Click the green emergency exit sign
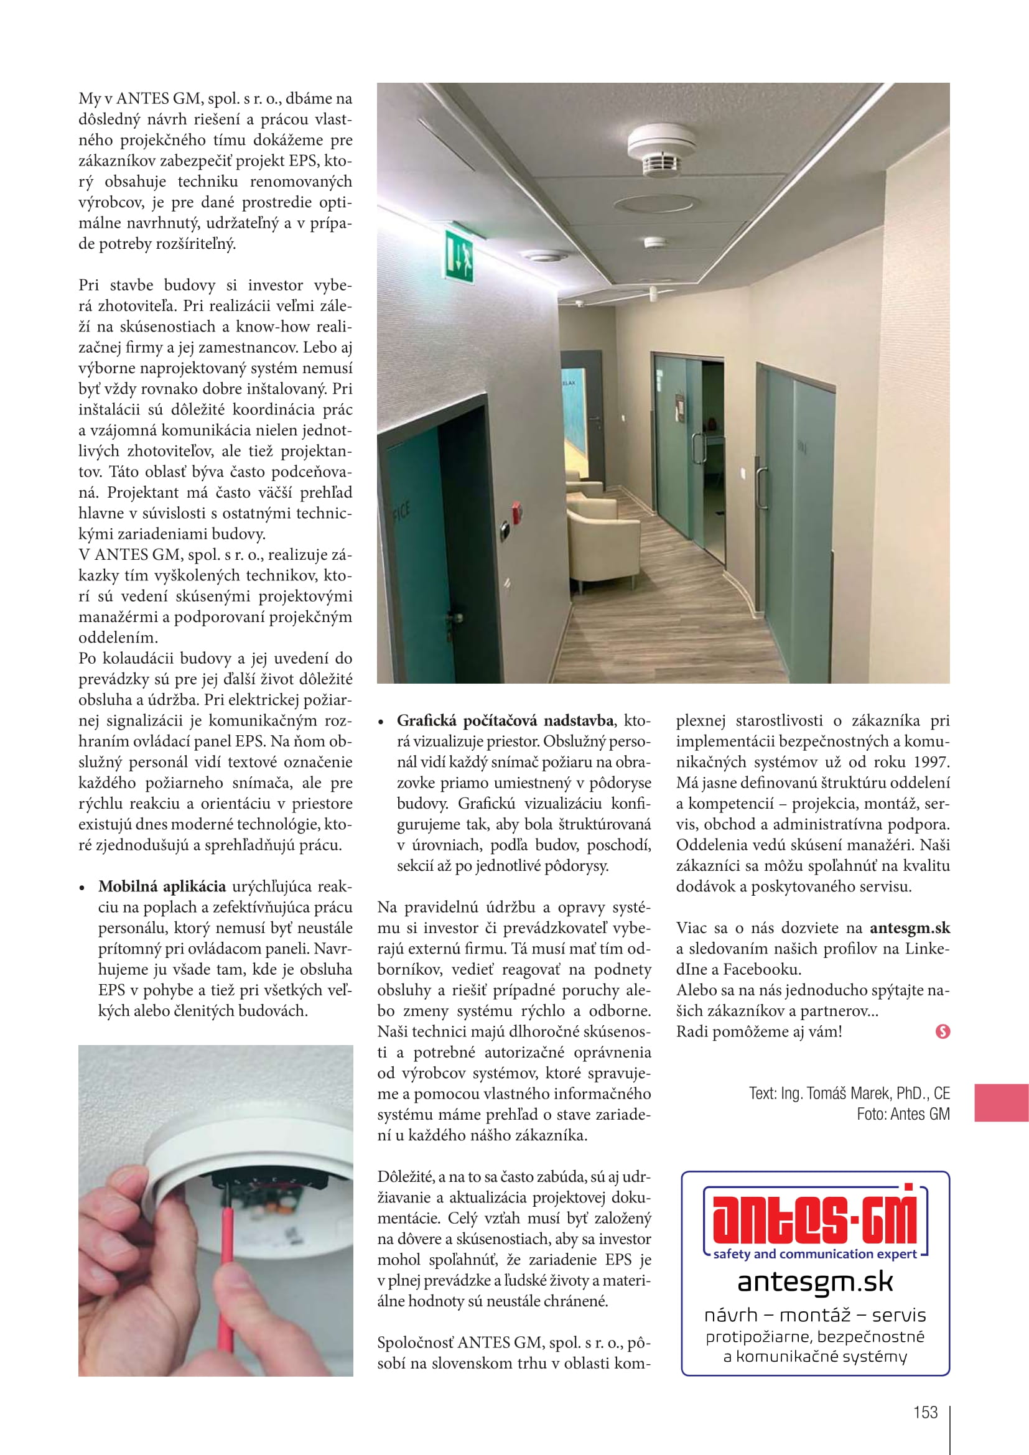(459, 257)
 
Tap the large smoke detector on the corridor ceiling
(661, 150)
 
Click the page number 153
(925, 1412)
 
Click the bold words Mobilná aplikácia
(162, 886)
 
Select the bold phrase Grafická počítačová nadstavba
(505, 720)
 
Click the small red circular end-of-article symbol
(942, 1031)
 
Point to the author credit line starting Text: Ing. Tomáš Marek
(849, 1093)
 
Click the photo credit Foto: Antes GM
(903, 1114)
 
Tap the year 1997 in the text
(931, 762)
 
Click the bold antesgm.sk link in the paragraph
(910, 927)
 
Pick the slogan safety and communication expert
(814, 1253)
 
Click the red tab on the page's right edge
(1001, 1103)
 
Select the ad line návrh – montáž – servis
(815, 1315)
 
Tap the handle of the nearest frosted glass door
(760, 488)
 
